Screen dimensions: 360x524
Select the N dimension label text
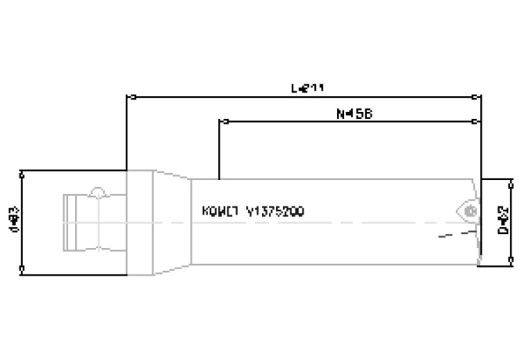(x=354, y=113)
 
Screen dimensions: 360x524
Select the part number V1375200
(x=275, y=211)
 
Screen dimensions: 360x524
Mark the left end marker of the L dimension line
(x=133, y=98)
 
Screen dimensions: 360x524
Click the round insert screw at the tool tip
(x=469, y=211)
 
